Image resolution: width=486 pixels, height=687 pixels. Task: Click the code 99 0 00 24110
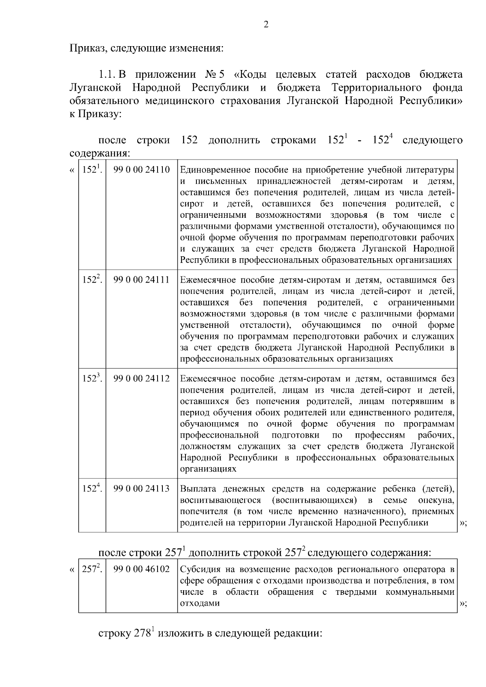(x=141, y=170)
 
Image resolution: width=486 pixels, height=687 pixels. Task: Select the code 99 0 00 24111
(x=141, y=280)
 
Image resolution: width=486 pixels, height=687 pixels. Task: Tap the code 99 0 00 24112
(x=141, y=379)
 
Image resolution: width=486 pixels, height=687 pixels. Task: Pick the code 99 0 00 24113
(x=141, y=489)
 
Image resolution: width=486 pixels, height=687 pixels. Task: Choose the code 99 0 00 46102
(x=141, y=569)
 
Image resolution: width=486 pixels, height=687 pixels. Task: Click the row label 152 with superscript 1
(x=91, y=170)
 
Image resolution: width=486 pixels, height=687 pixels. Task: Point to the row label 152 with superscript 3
(x=91, y=379)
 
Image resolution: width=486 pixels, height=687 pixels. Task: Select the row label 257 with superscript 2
(x=91, y=569)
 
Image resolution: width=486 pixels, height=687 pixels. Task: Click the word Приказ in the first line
(x=87, y=49)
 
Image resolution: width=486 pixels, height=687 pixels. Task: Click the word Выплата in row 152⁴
(x=195, y=489)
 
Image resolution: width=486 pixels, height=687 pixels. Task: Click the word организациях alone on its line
(x=208, y=469)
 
